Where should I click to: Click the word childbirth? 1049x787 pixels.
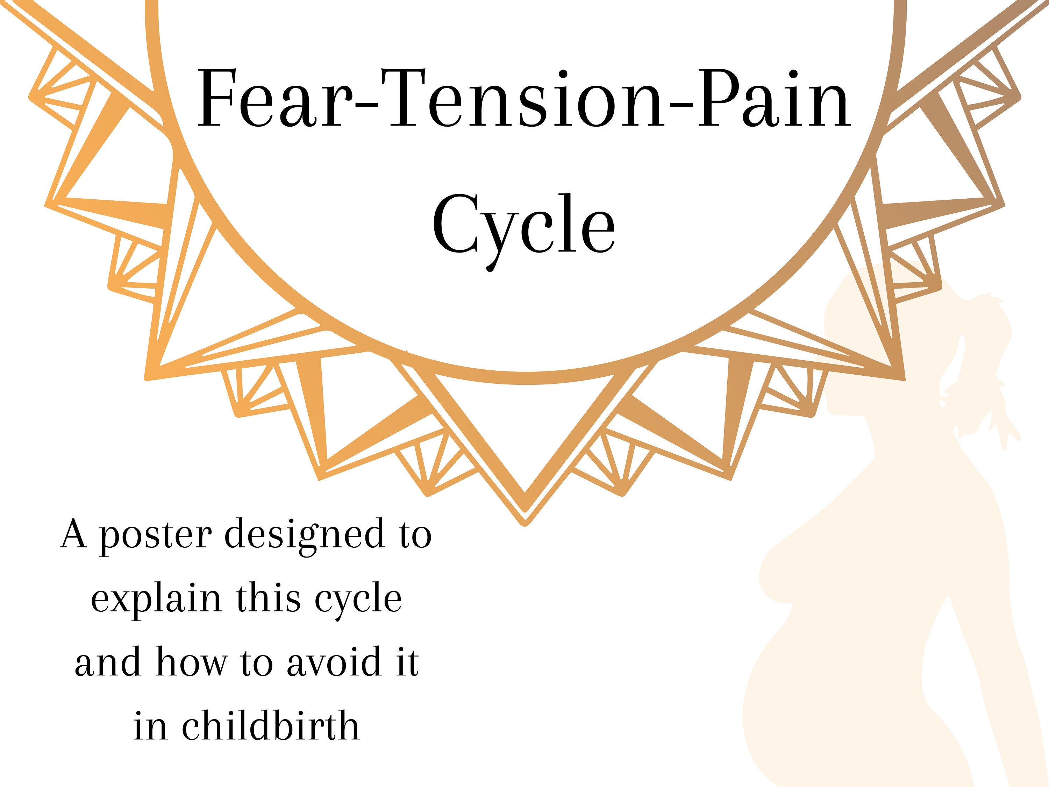coord(271,726)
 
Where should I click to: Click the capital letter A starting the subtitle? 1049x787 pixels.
coord(73,534)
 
